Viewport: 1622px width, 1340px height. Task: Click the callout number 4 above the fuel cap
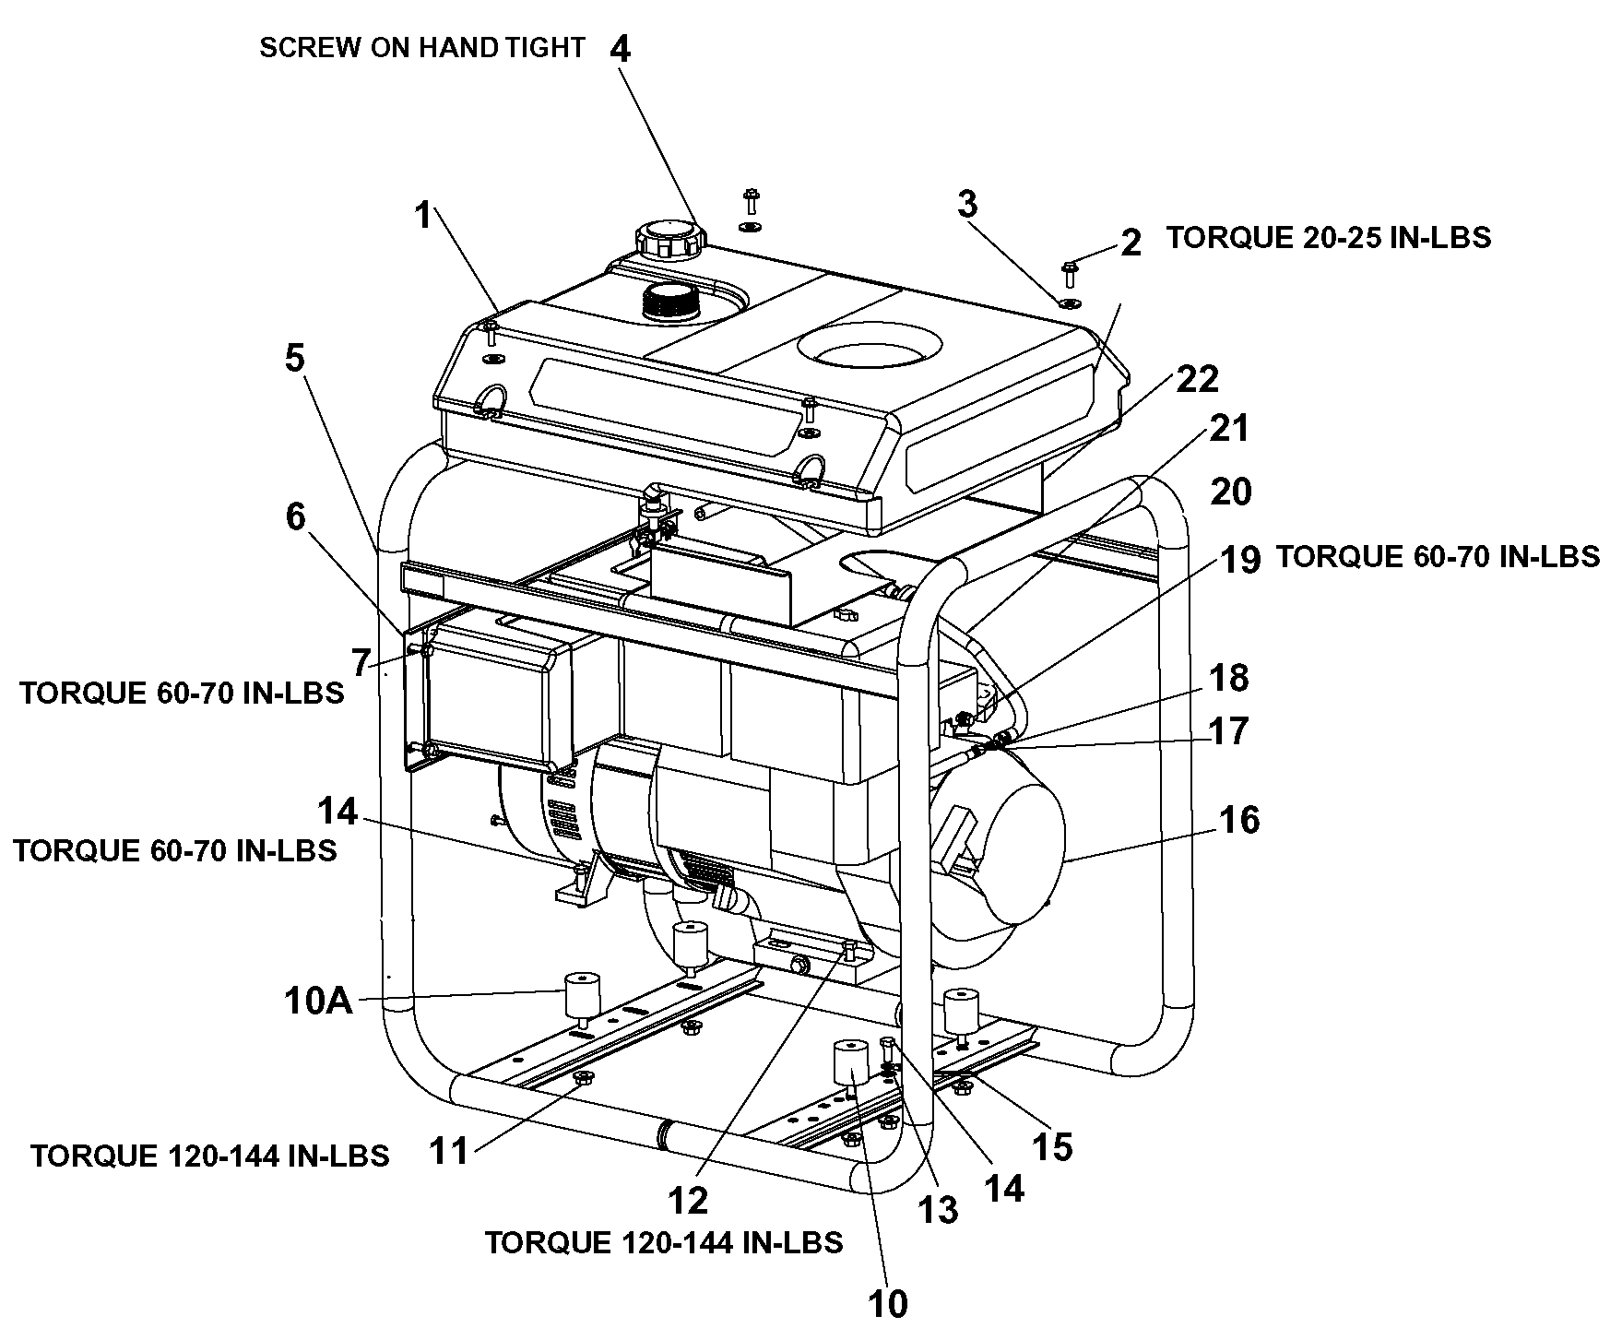click(621, 49)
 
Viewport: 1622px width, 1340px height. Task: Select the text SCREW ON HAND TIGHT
click(421, 48)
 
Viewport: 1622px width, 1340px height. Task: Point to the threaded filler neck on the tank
click(671, 302)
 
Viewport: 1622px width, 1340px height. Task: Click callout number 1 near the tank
click(423, 217)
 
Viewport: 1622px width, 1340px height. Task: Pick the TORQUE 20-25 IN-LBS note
click(1328, 238)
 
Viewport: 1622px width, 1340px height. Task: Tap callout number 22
click(1197, 379)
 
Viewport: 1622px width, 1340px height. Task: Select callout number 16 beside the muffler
click(1238, 819)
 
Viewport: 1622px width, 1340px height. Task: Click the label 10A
click(319, 1001)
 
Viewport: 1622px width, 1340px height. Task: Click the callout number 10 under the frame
click(888, 1303)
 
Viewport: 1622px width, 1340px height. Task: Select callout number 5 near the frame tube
click(294, 358)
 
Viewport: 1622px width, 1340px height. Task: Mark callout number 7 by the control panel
click(361, 661)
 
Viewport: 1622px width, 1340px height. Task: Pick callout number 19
click(1240, 559)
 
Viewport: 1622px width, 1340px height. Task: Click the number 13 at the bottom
click(938, 1209)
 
